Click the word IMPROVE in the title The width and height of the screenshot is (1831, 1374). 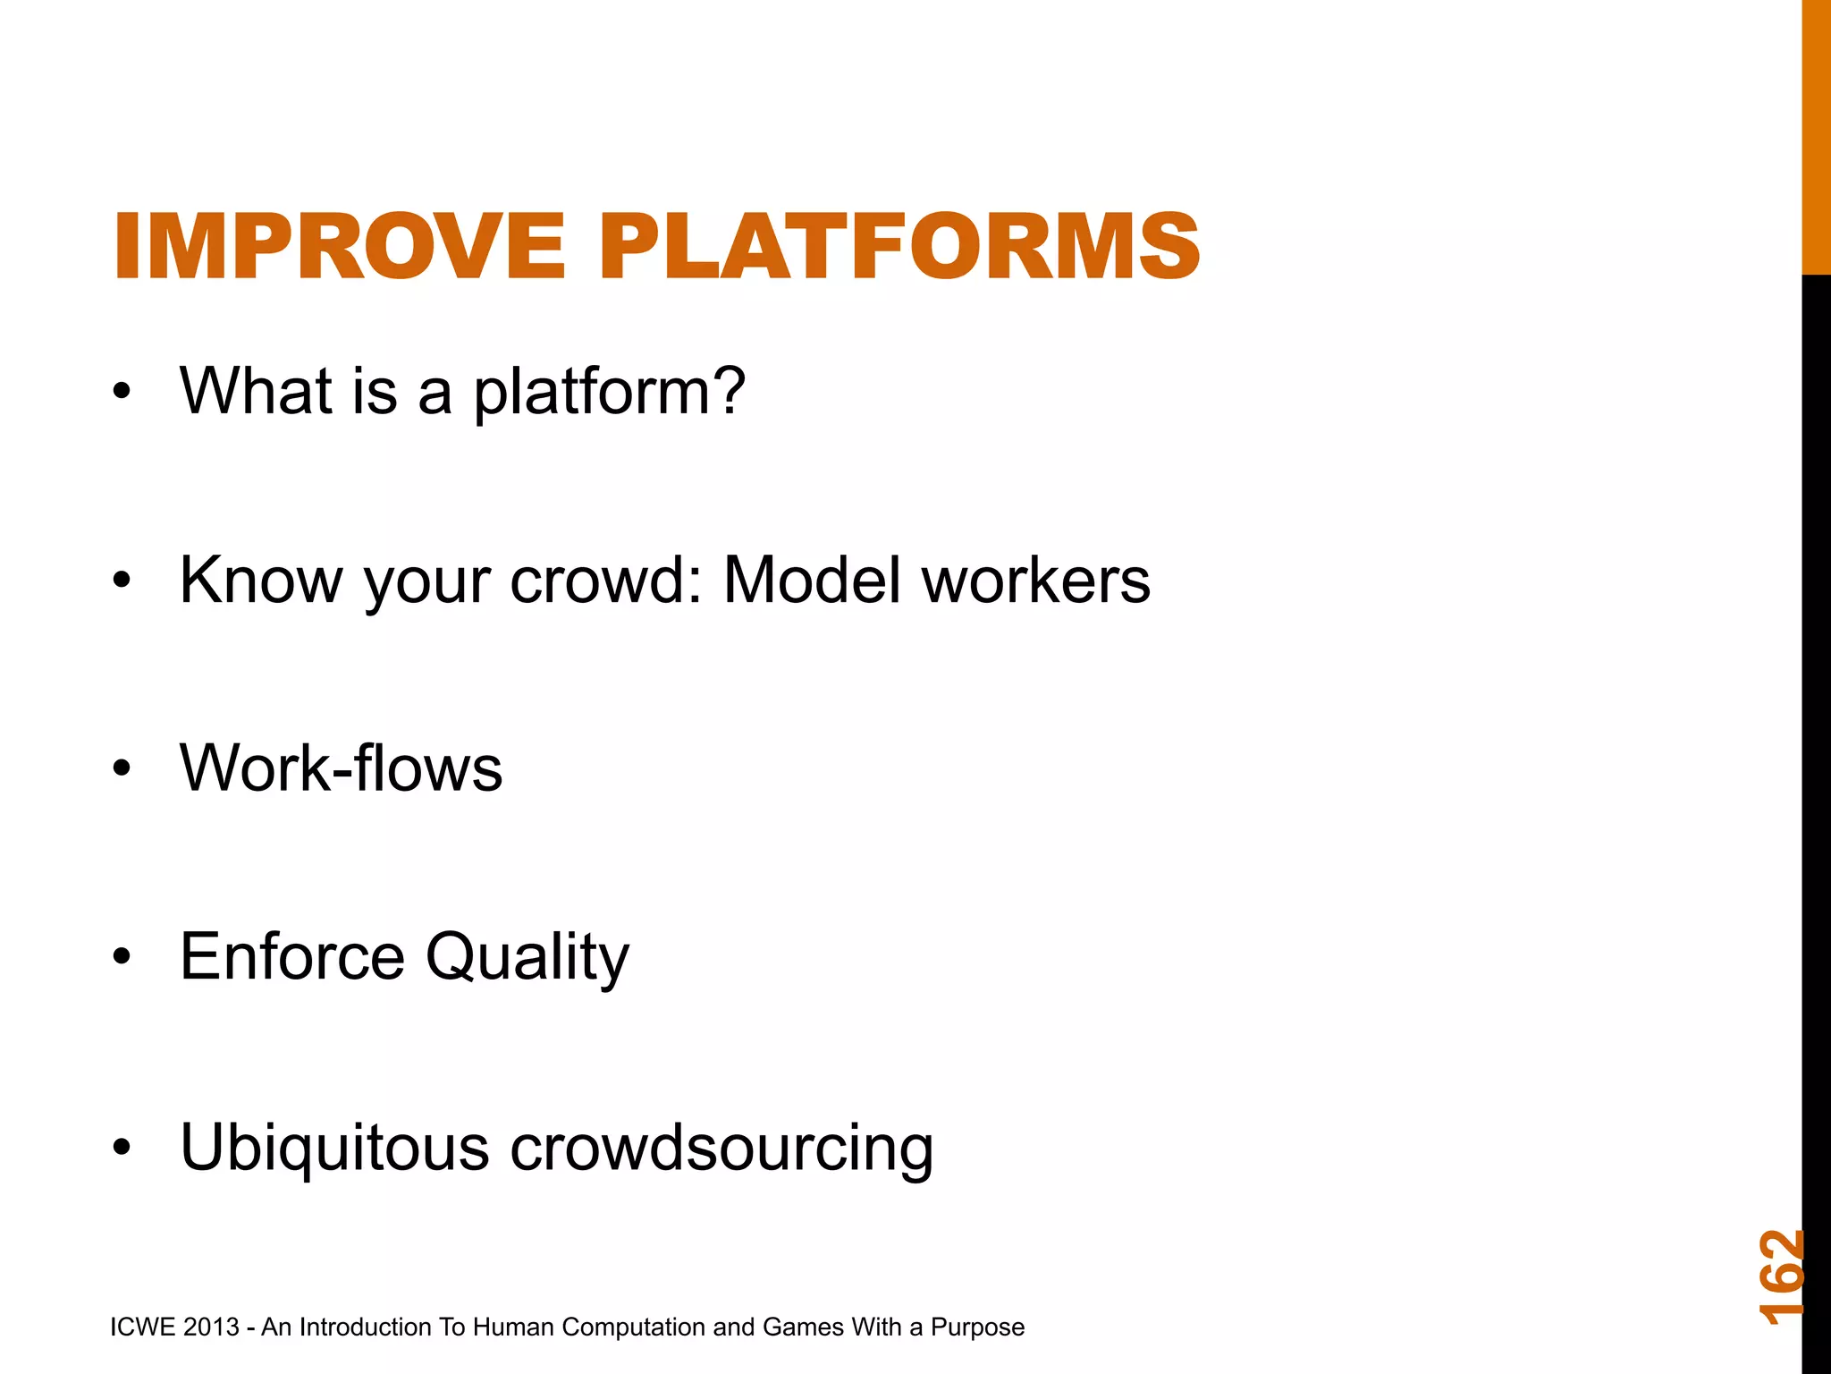339,246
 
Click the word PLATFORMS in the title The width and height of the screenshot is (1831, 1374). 899,246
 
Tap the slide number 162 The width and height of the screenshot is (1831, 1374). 1781,1276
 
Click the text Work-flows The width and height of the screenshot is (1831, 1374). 341,768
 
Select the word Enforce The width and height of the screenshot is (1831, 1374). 292,957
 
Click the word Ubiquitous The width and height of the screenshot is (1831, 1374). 334,1147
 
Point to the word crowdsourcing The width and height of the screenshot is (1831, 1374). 721,1149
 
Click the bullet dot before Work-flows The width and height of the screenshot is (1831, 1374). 122,768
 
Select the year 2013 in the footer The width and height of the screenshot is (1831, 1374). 211,1327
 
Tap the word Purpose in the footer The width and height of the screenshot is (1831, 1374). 977,1327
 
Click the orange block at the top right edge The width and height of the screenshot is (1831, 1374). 1816,134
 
